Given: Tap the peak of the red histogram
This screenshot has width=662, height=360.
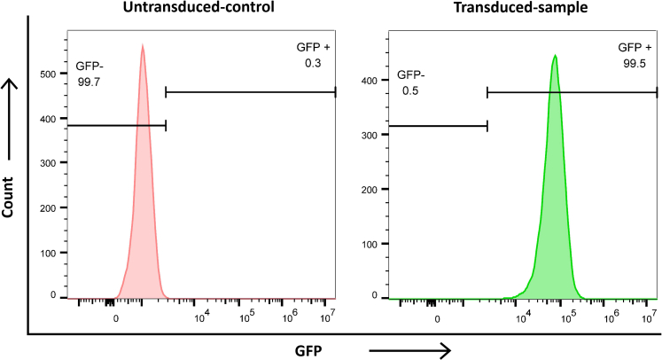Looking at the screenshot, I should pos(142,47).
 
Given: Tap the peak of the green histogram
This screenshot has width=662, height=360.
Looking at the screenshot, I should pos(555,57).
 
